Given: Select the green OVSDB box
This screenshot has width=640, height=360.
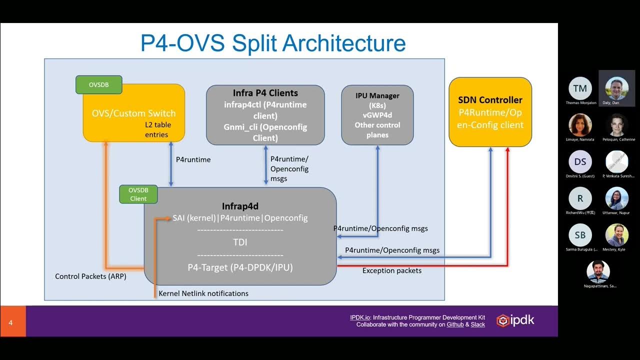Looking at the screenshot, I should [x=98, y=84].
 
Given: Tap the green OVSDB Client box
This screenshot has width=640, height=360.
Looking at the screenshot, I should [x=138, y=194].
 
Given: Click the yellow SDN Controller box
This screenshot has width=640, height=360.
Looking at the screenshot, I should [x=490, y=112].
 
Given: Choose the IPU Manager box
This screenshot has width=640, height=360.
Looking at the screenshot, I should [x=377, y=115].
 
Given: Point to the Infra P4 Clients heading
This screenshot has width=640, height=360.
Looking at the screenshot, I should [x=265, y=93].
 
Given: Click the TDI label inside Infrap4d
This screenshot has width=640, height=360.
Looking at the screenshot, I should [x=240, y=242].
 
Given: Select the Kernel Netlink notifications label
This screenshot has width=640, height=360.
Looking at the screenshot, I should [x=203, y=293].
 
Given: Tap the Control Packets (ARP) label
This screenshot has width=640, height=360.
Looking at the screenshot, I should [x=90, y=276].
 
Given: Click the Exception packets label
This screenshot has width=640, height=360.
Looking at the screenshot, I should [x=391, y=270].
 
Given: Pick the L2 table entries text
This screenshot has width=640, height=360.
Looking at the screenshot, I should [x=156, y=129].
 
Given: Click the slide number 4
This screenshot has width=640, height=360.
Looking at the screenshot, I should [x=10, y=322].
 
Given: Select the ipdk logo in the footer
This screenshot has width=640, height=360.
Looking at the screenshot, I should [x=515, y=320].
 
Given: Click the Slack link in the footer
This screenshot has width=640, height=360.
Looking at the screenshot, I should [x=478, y=324].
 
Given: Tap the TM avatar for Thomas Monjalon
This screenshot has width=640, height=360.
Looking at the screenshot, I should [x=580, y=88].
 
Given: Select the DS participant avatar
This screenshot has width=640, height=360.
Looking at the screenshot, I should [x=580, y=161].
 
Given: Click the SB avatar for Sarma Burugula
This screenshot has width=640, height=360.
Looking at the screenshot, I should [x=580, y=235].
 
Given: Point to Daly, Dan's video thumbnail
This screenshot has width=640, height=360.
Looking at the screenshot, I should [x=616, y=88].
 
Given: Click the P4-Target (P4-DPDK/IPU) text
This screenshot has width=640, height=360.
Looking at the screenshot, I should [x=240, y=267].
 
